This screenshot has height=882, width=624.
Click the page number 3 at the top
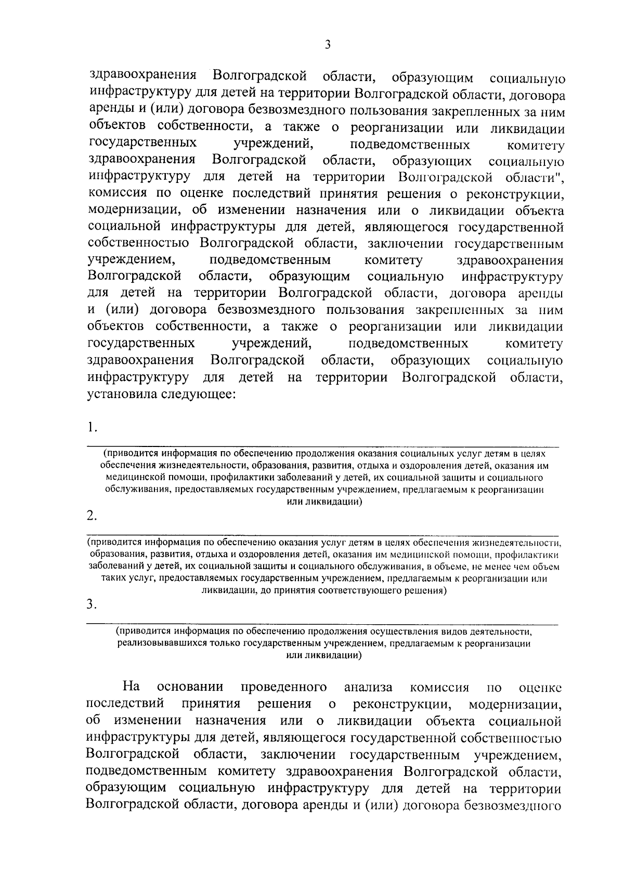coord(327,45)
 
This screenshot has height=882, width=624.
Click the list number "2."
coord(92,516)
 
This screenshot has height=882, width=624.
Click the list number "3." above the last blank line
coord(92,604)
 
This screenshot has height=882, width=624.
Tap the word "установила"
coord(122,394)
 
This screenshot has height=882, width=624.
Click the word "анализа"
coord(368,687)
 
